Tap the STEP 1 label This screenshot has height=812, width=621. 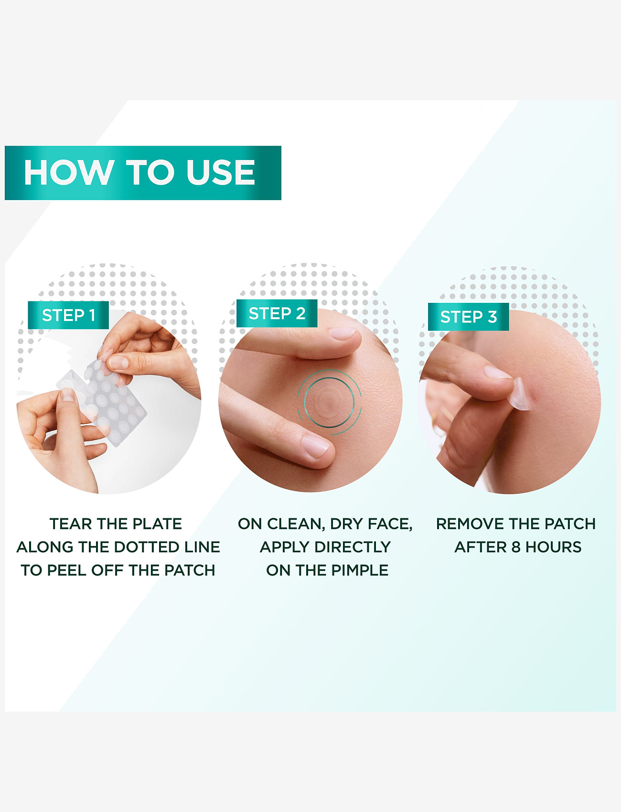(68, 315)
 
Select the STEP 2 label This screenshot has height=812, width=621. (277, 313)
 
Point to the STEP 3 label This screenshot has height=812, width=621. (469, 317)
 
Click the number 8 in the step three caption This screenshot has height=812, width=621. (516, 547)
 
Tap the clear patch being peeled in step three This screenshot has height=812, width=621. (519, 394)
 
